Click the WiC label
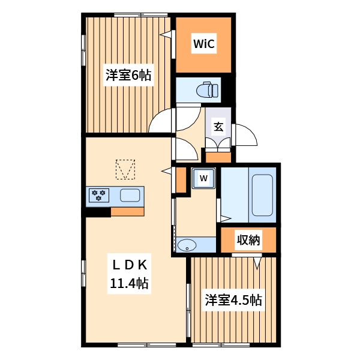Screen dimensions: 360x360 [203, 43]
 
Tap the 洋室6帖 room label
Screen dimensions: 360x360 [128, 76]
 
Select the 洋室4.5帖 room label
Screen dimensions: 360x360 [234, 300]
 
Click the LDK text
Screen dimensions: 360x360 [128, 263]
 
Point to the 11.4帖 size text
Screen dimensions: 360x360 [128, 283]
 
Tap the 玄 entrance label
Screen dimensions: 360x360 [218, 127]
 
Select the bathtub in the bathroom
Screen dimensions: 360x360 [263, 194]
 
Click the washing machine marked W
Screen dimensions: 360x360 [204, 178]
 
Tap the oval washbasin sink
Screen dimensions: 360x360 [187, 245]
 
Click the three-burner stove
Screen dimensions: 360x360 [98, 195]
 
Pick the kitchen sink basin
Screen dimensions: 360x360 [130, 195]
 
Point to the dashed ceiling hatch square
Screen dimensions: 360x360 [125, 169]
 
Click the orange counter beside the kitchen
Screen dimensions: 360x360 [127, 211]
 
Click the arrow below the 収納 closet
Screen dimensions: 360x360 [258, 262]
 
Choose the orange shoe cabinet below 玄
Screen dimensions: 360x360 [218, 157]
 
